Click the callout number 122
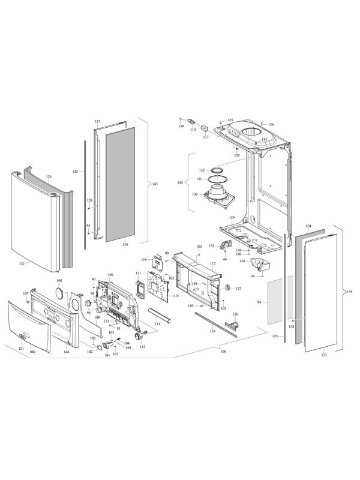[x=22, y=263]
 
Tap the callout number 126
[x=49, y=177]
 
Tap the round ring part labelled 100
[x=59, y=292]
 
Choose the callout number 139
[x=181, y=127]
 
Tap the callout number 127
[x=238, y=289]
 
